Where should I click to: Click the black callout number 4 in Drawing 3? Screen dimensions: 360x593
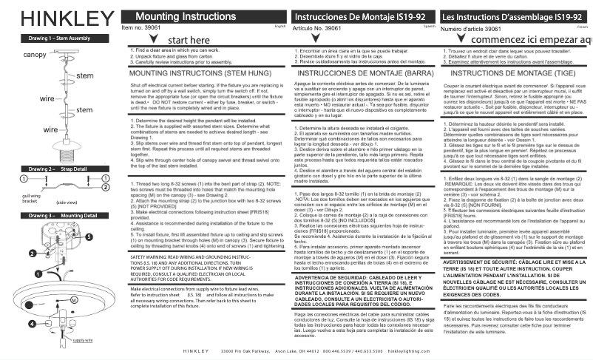point(32,303)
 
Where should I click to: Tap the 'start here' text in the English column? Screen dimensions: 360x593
point(194,40)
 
